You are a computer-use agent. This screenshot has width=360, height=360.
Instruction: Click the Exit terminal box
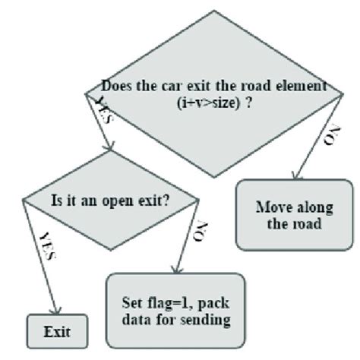(x=57, y=332)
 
